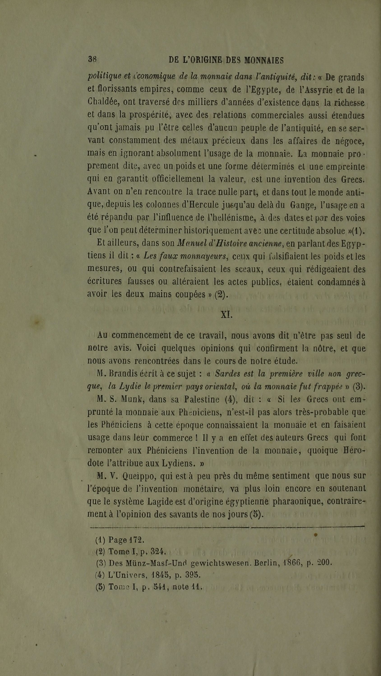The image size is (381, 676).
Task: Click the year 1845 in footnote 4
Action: pos(161,575)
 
